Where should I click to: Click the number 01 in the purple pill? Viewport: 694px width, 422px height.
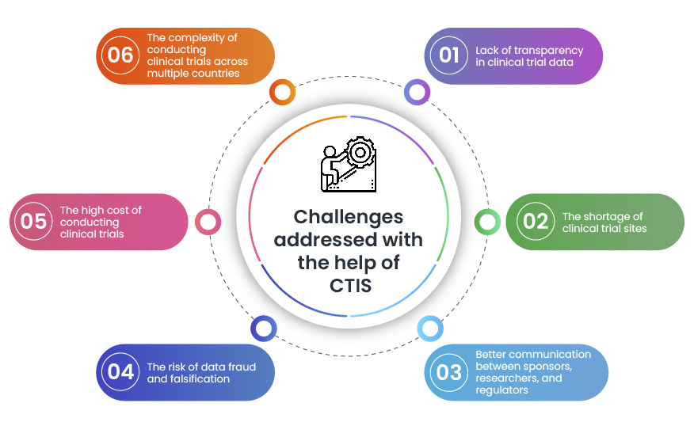[x=449, y=55]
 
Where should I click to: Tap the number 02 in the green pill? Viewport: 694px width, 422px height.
[x=536, y=221]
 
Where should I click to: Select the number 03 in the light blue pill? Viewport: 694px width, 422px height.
[x=449, y=372]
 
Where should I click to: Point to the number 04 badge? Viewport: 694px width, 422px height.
[x=120, y=371]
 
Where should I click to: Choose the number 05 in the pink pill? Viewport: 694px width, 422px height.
[x=34, y=221]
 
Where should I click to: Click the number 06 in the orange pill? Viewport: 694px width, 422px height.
[x=120, y=55]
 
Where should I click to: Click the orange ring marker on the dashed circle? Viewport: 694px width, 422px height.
[x=282, y=92]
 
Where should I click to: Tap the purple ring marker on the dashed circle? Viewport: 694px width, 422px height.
[x=417, y=92]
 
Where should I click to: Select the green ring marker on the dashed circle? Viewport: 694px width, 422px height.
[x=486, y=222]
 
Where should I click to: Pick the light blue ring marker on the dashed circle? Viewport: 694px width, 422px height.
[x=429, y=328]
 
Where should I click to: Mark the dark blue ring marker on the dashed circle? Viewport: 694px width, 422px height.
[x=263, y=328]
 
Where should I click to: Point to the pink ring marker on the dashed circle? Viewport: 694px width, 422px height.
[x=208, y=222]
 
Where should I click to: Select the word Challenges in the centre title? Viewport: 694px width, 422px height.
[x=349, y=216]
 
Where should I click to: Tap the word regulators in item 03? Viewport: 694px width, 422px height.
[x=501, y=390]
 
